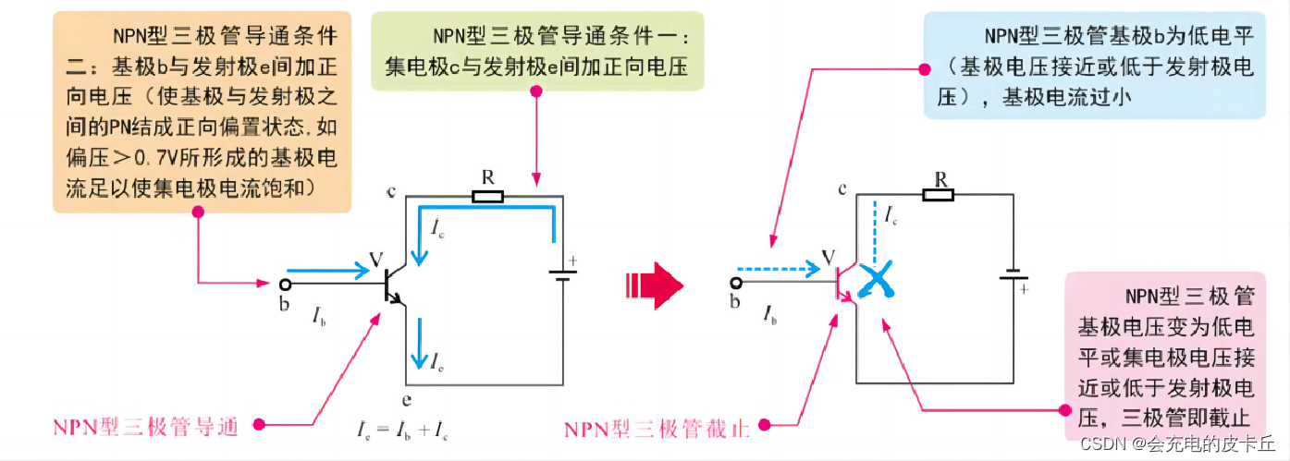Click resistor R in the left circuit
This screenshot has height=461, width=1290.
coord(487,196)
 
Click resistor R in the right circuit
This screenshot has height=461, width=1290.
coord(938,194)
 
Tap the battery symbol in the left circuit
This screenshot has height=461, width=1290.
coord(559,273)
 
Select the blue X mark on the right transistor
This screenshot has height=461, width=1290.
coord(874,280)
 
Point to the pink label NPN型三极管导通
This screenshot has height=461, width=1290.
coord(145,426)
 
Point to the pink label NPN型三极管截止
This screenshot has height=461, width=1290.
coord(657,427)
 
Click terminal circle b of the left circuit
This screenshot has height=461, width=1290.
coord(285,284)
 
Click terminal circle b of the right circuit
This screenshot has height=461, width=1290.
coord(736,284)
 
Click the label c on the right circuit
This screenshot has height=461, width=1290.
coord(842,189)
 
